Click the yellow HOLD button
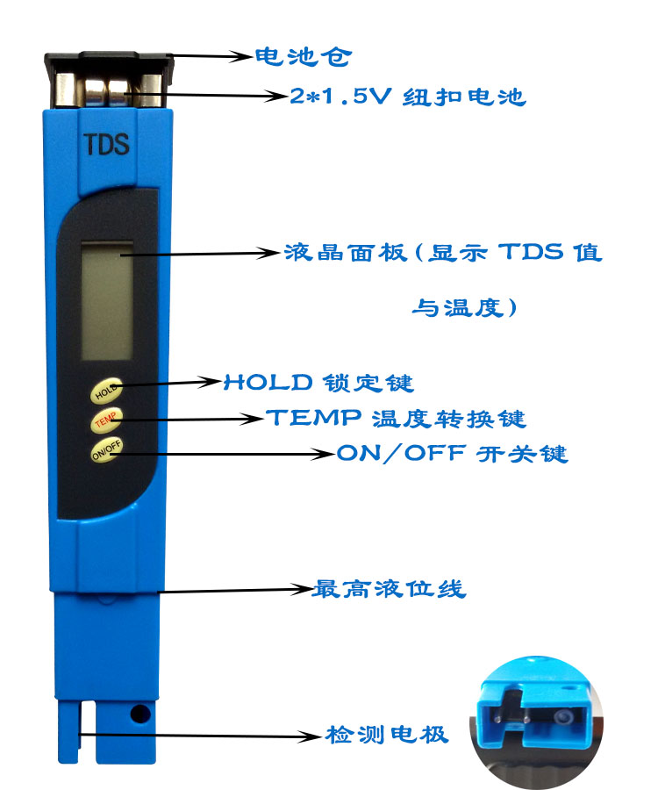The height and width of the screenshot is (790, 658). tap(106, 391)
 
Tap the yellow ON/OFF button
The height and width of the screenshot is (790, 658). tap(107, 449)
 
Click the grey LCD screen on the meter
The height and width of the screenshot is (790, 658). tap(107, 300)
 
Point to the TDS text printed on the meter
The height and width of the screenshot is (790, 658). tap(106, 144)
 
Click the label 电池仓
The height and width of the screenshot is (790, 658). tap(303, 56)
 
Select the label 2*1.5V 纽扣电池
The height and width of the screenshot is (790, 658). tap(408, 97)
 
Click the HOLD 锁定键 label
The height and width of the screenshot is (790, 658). tap(318, 383)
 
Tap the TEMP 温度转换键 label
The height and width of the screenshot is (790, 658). tap(397, 418)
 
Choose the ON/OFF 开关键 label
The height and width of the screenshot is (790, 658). tap(453, 454)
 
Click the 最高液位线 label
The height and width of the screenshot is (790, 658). tap(389, 588)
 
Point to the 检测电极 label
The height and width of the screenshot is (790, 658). tap(386, 735)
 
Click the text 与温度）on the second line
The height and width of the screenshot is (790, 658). tap(464, 307)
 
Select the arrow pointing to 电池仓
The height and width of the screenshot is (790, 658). tap(211, 56)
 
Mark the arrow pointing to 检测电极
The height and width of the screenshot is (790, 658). tap(200, 736)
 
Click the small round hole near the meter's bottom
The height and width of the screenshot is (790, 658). tap(139, 714)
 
